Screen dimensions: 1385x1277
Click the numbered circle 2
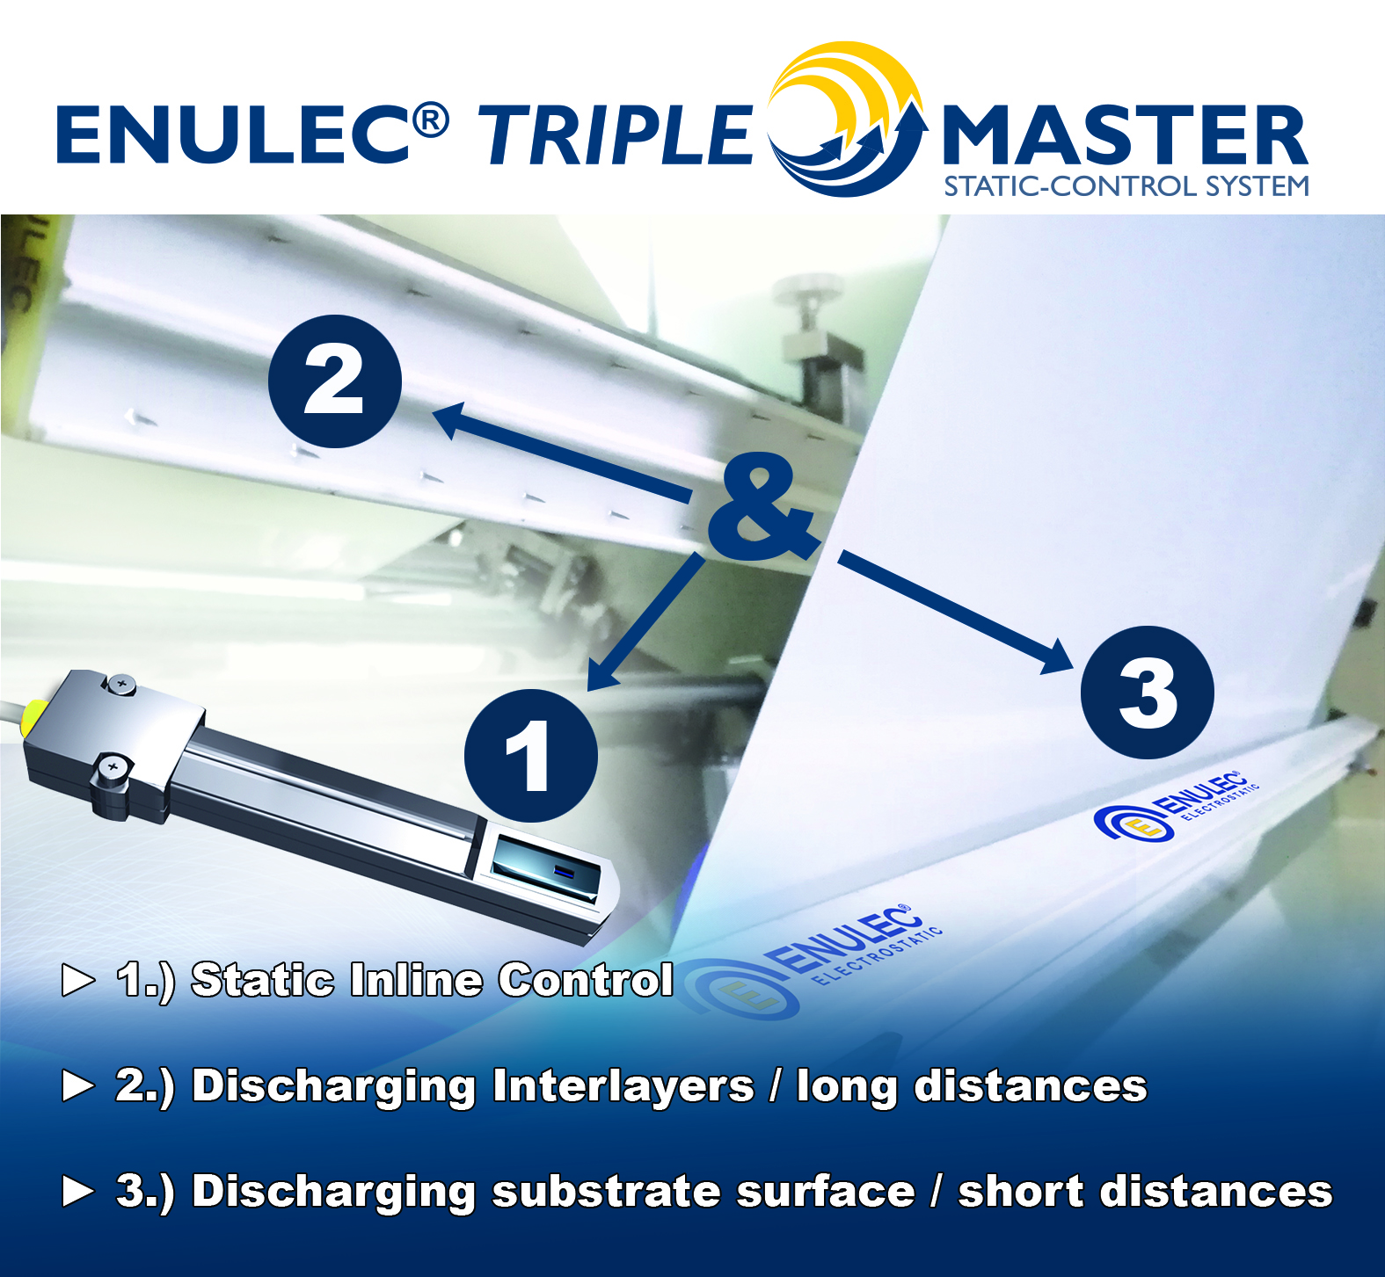[335, 381]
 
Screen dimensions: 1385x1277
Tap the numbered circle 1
[531, 756]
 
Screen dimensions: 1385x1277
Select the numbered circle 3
[1148, 693]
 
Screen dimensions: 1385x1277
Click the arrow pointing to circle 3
[956, 613]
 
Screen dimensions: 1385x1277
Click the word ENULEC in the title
[233, 134]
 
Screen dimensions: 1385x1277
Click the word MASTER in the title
[1126, 134]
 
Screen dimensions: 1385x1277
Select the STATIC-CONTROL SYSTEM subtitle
[1126, 186]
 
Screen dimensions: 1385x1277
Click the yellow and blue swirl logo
[847, 119]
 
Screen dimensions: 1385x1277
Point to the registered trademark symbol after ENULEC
[431, 120]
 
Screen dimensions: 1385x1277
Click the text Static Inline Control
[433, 979]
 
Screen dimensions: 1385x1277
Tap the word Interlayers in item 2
[623, 1085]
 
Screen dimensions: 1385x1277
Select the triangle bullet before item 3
[78, 1191]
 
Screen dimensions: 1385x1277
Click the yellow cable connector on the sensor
[35, 716]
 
